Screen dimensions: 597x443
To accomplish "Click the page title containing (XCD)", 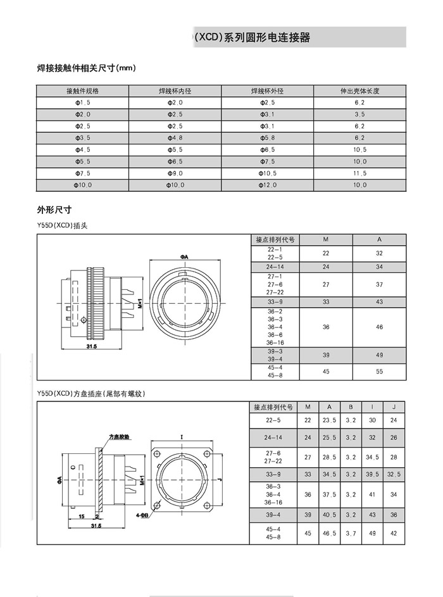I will click(x=253, y=38).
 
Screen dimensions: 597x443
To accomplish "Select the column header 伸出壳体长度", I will click(x=359, y=91).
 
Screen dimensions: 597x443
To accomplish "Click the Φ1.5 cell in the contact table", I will click(x=83, y=102).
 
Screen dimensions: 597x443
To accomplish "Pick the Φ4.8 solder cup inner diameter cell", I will click(x=175, y=137).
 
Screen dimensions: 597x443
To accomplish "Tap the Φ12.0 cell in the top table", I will click(x=268, y=185).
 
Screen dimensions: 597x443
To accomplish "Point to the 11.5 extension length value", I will click(x=359, y=173).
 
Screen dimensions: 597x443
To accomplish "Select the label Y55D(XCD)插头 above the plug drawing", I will click(x=62, y=225).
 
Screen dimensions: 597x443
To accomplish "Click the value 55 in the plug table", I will click(x=379, y=372).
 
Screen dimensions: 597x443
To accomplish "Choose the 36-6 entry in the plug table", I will click(x=275, y=334).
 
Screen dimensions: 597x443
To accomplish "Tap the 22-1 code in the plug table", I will click(x=275, y=249).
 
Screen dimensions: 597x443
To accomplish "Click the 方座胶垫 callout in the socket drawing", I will click(x=120, y=437).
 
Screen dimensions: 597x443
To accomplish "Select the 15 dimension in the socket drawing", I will click(x=82, y=517).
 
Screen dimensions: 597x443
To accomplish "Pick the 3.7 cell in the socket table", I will click(x=351, y=534).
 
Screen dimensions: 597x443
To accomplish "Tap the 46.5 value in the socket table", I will click(x=329, y=534).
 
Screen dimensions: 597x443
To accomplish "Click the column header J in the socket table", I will click(x=394, y=406).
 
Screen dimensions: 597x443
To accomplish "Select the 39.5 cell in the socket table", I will click(x=372, y=474).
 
